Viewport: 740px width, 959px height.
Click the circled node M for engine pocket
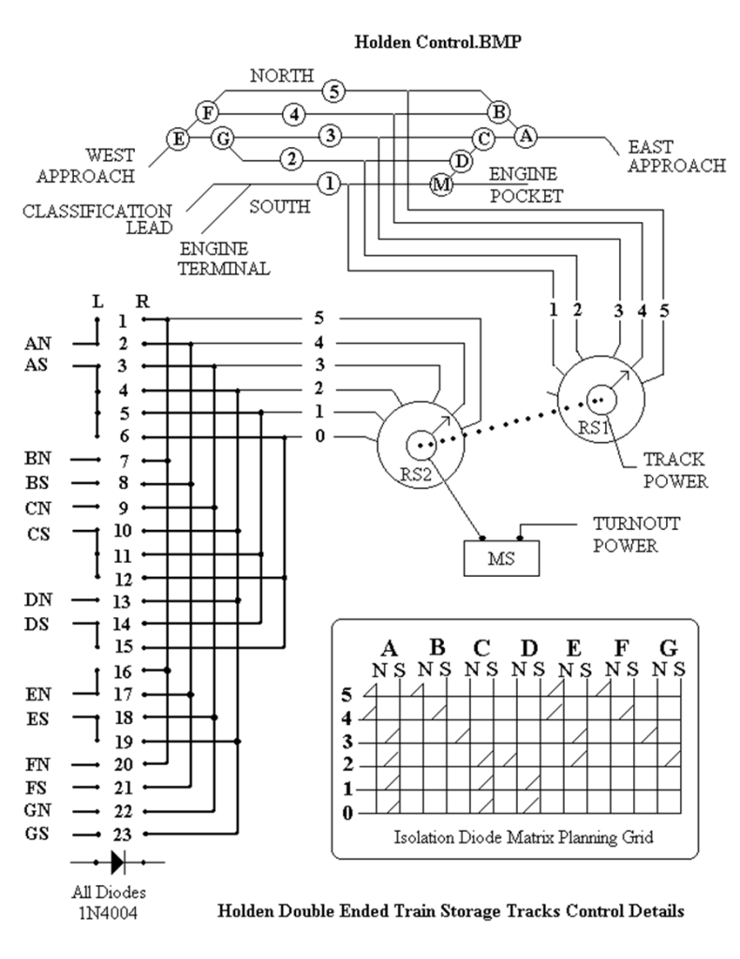coord(440,184)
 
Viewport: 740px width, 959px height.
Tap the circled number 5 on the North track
coord(333,91)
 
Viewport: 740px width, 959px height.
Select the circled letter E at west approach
coord(177,140)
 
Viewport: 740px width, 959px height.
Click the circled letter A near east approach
coord(526,135)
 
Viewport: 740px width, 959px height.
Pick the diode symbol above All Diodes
coord(118,859)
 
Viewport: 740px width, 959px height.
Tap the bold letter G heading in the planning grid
coord(670,648)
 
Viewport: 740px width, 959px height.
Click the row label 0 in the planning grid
coord(348,812)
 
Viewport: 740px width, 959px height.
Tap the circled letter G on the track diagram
coord(223,140)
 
